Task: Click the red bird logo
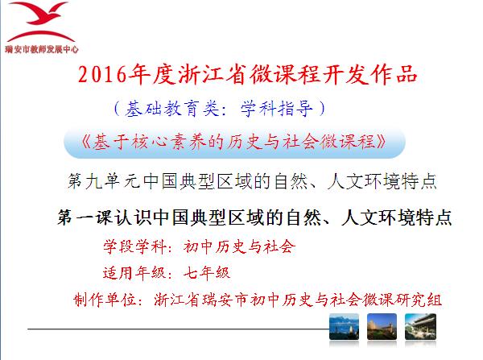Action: [x=41, y=22]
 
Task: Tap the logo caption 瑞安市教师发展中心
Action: [x=42, y=49]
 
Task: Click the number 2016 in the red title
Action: [x=102, y=75]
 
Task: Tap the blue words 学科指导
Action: [x=276, y=109]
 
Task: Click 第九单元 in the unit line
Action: [x=104, y=181]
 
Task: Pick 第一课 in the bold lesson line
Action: [x=85, y=217]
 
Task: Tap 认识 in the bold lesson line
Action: [x=133, y=217]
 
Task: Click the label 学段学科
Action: [x=134, y=246]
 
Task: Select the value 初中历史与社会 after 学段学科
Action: [x=239, y=246]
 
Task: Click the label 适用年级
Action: [x=134, y=273]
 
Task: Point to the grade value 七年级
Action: [x=207, y=273]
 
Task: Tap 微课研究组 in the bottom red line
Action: [x=402, y=300]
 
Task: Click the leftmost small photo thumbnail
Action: [x=344, y=327]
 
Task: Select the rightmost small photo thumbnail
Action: [x=420, y=327]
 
